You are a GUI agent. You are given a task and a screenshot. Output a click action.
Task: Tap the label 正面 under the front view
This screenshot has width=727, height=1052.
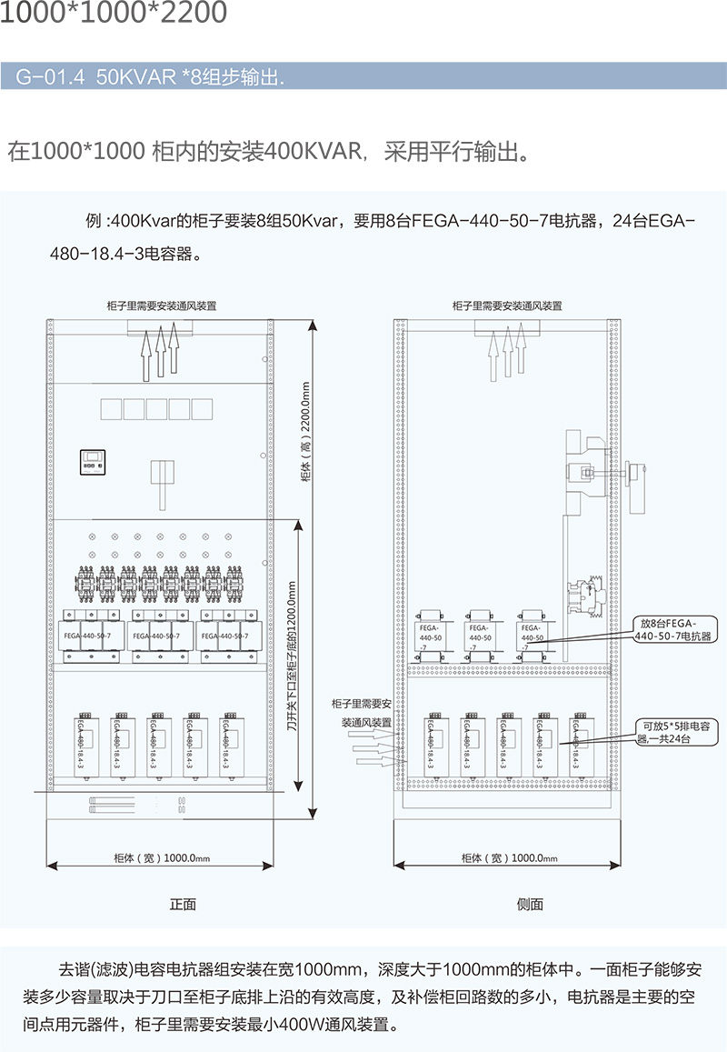183,904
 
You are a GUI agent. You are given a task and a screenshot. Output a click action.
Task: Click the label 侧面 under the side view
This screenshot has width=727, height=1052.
529,904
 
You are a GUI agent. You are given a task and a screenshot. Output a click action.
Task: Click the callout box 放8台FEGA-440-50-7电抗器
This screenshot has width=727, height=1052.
675,629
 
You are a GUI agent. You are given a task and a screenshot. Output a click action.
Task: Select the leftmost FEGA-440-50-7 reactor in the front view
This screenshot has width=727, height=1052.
88,636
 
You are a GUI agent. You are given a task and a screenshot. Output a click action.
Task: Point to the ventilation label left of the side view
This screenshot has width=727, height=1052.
361,713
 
